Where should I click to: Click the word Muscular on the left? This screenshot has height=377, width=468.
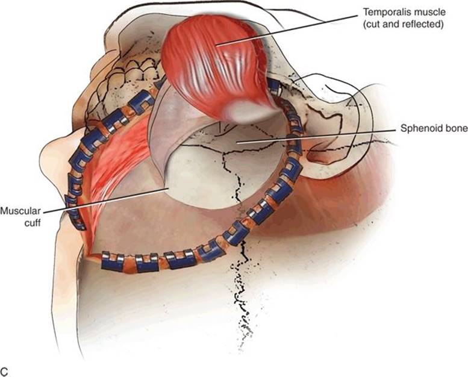tap(20, 211)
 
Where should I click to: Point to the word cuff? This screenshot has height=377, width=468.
tap(33, 223)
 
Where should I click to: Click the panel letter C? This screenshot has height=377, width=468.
tap(4, 372)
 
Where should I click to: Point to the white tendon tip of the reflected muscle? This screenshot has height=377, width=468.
tap(242, 112)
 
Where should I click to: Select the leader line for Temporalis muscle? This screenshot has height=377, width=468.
tap(287, 30)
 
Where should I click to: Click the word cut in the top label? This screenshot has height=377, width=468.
tap(372, 24)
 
